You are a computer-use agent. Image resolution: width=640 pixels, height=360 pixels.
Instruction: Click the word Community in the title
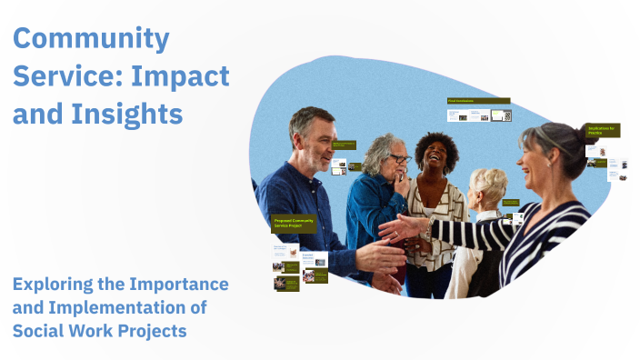[x=91, y=39]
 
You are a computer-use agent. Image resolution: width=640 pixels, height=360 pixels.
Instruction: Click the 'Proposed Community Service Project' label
[x=294, y=223]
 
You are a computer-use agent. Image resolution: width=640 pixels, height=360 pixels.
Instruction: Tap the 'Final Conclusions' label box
[x=478, y=102]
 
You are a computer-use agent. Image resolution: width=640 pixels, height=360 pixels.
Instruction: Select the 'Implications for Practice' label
[x=603, y=131]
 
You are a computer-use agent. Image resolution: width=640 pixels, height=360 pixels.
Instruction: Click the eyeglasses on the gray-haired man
[x=399, y=159]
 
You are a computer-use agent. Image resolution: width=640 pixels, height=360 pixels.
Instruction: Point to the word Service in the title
[x=57, y=76]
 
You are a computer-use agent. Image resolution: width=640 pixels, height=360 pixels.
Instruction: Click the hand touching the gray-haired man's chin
[x=397, y=180]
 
